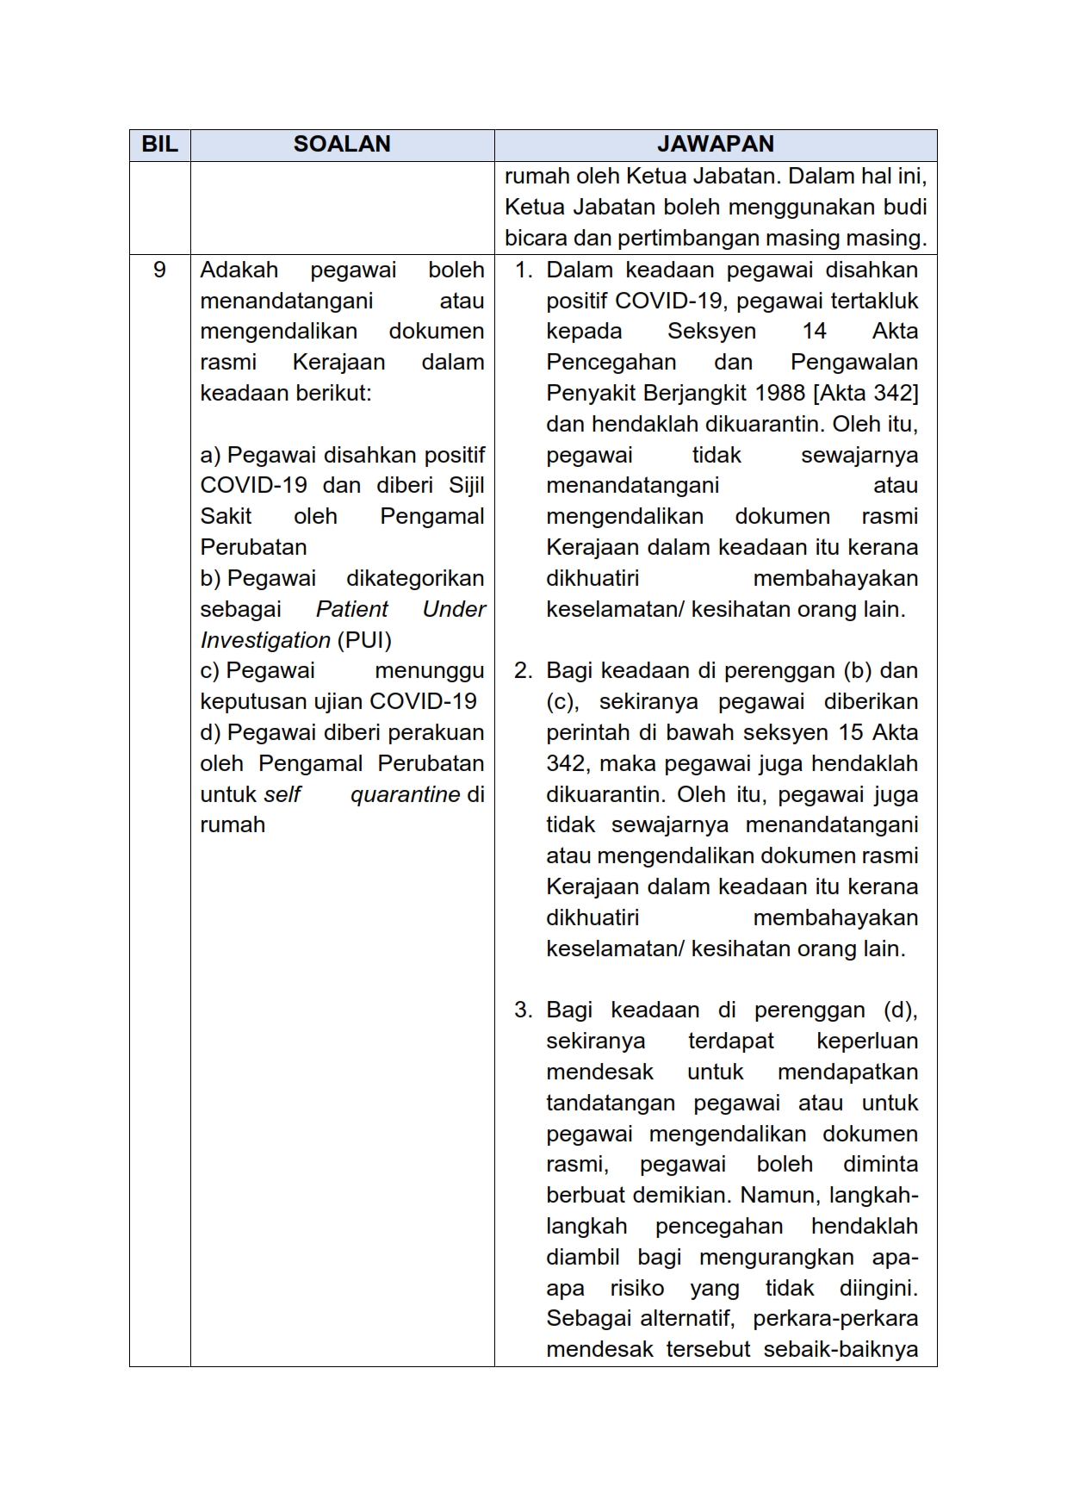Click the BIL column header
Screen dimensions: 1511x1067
[159, 145]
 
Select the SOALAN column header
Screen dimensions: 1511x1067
[342, 145]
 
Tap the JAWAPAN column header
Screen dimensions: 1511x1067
[716, 145]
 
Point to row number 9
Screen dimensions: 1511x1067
[159, 270]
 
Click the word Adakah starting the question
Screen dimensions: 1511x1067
[239, 270]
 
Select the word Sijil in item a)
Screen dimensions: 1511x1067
[467, 485]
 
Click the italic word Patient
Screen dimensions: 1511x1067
[352, 609]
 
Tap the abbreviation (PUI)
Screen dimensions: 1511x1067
[364, 640]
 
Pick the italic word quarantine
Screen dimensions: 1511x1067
[405, 794]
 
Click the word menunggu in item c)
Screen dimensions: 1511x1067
[430, 670]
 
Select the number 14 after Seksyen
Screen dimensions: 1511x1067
[814, 332]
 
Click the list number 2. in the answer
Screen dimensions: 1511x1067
[523, 670]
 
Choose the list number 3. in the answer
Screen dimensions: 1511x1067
[523, 1010]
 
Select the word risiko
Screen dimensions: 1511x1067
[636, 1288]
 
